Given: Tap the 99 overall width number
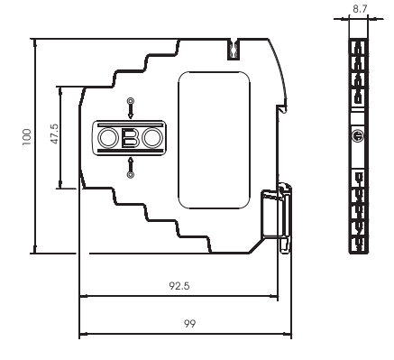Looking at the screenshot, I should point(189,322).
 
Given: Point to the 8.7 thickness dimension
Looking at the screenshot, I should point(360,6).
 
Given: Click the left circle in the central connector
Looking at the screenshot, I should point(110,138).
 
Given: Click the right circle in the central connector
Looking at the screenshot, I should point(151,138).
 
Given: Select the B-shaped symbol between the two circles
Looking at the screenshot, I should point(131,138).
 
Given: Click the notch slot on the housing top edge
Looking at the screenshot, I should point(234,46).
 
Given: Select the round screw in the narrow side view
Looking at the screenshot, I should point(359,136).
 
